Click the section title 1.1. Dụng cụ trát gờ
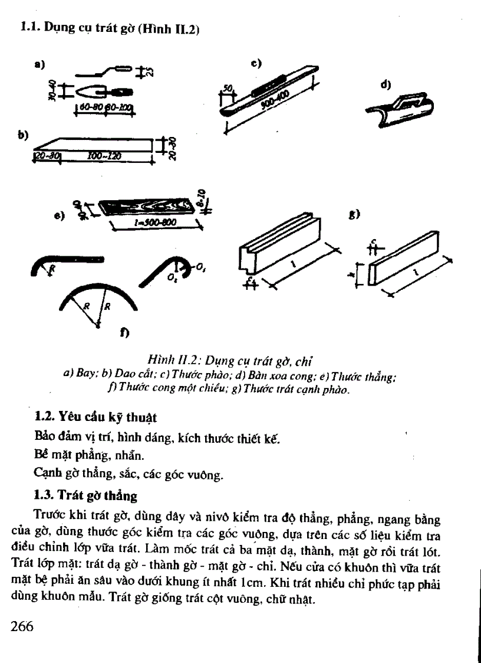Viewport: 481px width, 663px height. (108, 27)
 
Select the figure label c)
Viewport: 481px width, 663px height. (256, 61)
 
